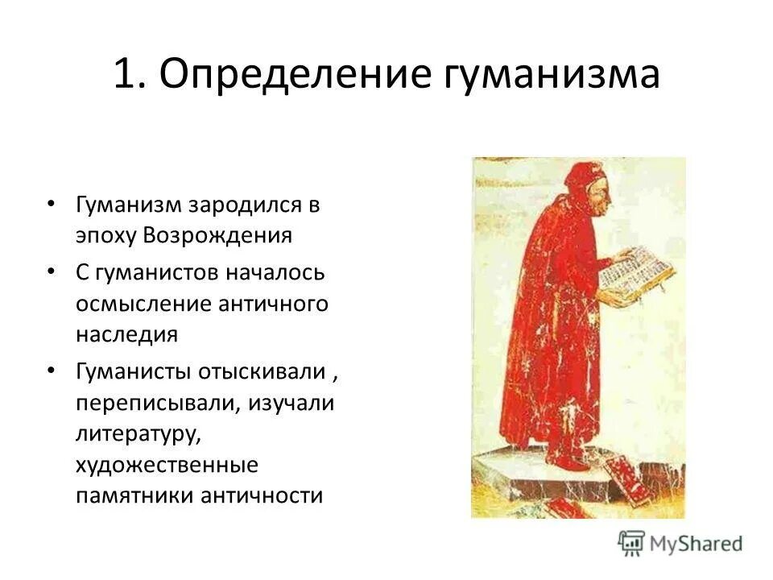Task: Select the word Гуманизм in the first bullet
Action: [129, 205]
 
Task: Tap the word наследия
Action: [126, 333]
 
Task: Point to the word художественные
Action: [167, 464]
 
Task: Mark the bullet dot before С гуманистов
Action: [52, 271]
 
